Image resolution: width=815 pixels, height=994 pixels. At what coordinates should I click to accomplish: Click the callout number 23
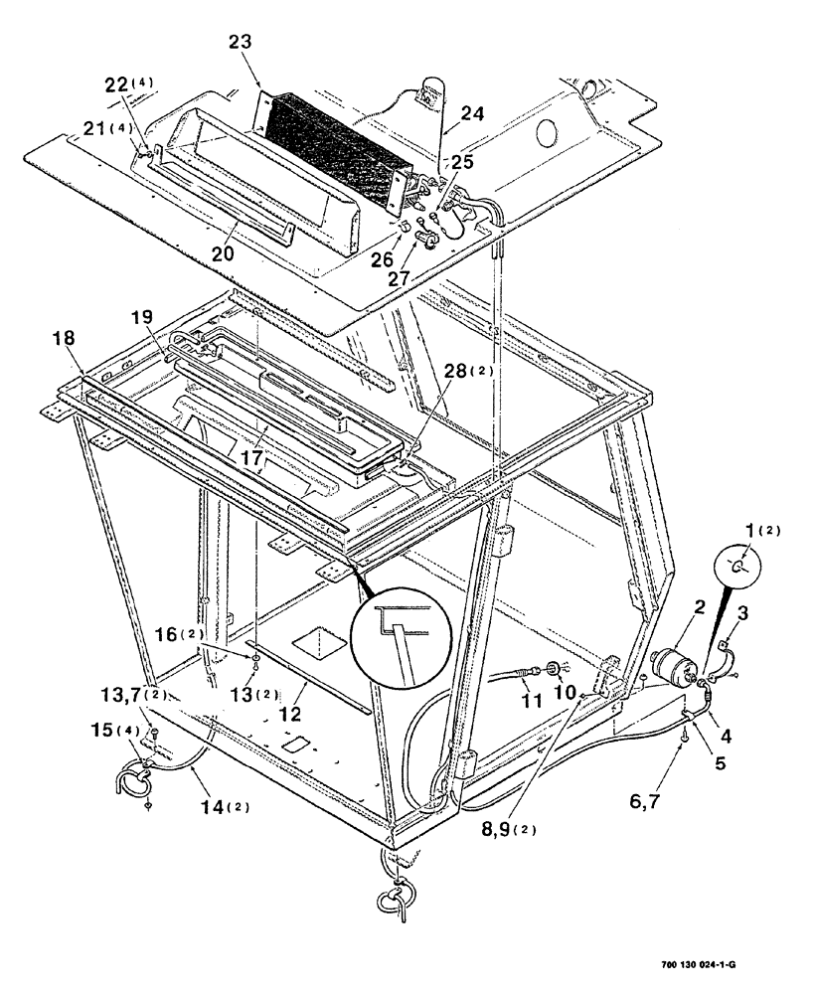pyautogui.click(x=240, y=42)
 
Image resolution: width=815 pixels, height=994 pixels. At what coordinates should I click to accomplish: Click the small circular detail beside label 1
pyautogui.click(x=736, y=566)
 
